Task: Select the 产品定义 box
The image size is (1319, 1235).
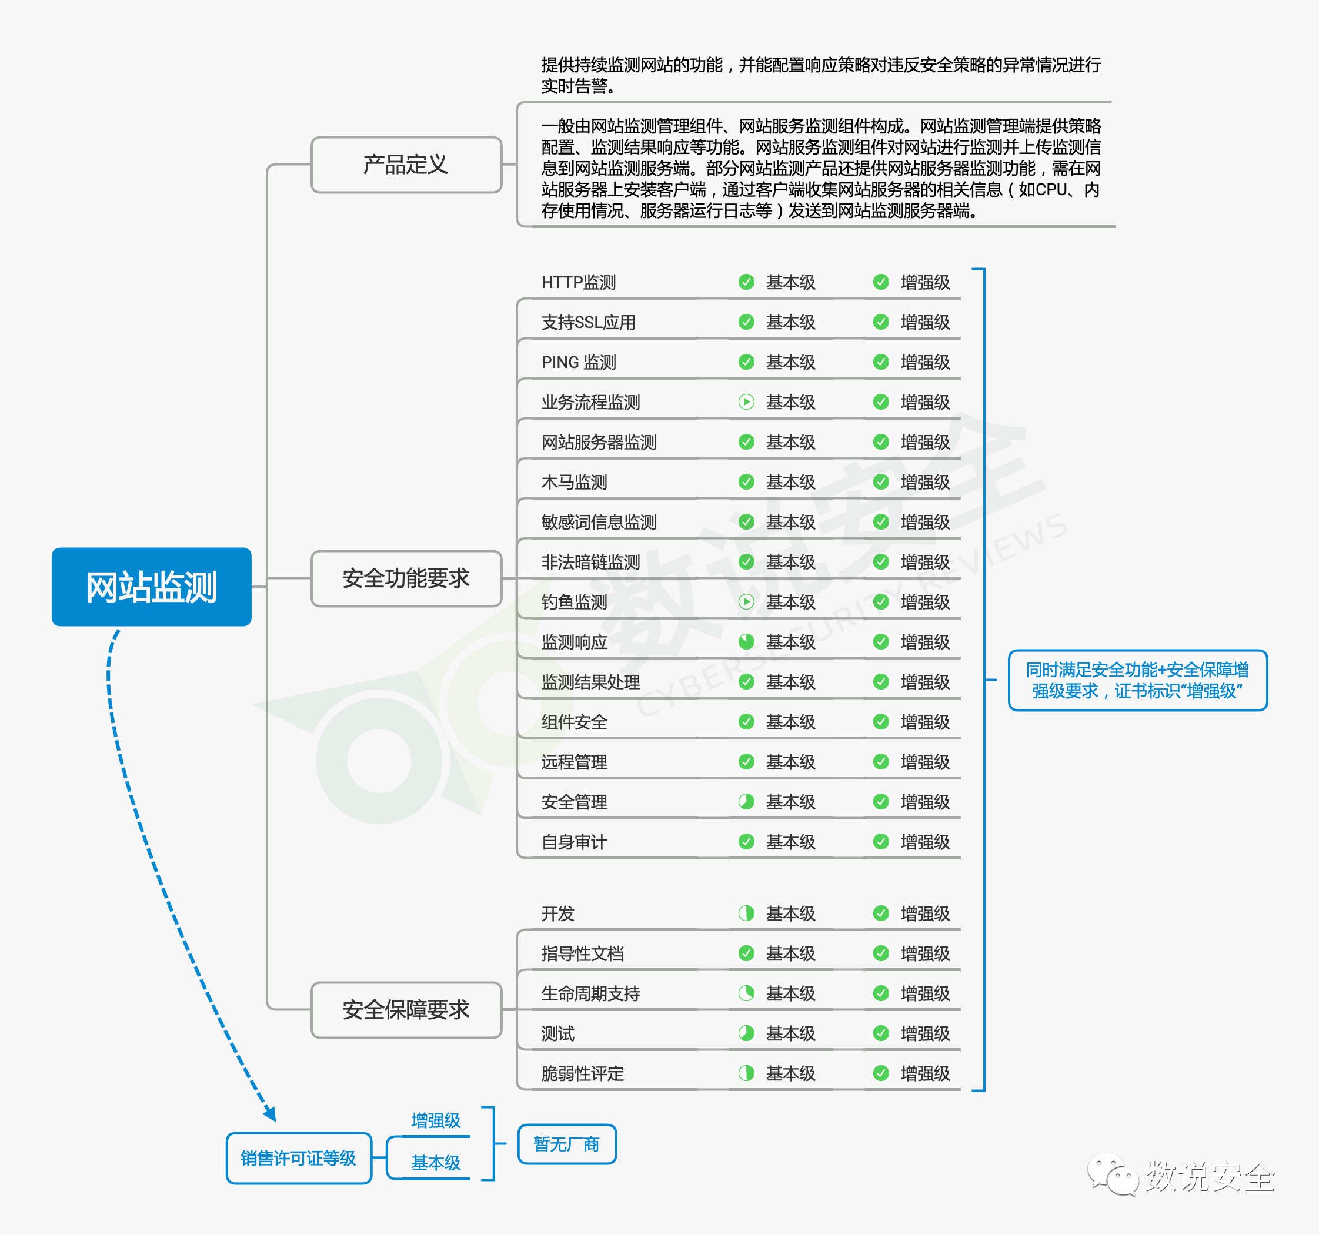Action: (406, 165)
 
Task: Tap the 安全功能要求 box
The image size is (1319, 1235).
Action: (406, 578)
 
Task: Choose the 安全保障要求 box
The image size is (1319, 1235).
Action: (406, 1009)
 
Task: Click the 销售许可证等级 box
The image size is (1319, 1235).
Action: (299, 1158)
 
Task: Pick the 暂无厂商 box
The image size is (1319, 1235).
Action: (567, 1144)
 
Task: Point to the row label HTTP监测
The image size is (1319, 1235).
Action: (579, 283)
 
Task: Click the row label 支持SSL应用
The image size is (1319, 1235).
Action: (589, 322)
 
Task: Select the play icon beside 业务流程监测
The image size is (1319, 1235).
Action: (746, 402)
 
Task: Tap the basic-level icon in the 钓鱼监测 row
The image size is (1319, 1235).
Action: (746, 601)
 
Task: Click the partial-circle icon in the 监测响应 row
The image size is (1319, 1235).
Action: (746, 641)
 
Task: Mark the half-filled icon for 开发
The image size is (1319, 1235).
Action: (746, 913)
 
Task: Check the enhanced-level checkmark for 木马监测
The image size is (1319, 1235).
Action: (881, 481)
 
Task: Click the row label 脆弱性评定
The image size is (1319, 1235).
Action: (583, 1074)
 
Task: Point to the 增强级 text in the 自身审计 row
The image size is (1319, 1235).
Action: (926, 842)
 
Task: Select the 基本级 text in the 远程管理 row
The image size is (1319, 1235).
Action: (791, 762)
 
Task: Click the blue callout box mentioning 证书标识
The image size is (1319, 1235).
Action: (1138, 681)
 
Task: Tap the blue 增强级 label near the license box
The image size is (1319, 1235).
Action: (436, 1121)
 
